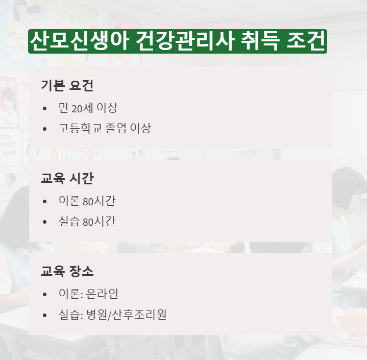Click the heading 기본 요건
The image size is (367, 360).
67,86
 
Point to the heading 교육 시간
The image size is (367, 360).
67,178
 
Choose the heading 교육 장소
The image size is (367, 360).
67,271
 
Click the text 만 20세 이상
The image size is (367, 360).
88,108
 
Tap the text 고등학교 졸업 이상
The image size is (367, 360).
105,128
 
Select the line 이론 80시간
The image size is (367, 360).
87,201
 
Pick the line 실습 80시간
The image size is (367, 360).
87,222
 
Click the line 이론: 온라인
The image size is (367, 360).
89,294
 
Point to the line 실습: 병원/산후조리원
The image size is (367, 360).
112,315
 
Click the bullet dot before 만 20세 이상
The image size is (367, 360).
45,109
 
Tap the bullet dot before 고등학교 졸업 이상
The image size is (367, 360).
45,129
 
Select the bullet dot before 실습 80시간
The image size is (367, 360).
45,222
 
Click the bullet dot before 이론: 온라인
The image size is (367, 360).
45,295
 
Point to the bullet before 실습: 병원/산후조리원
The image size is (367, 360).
45,315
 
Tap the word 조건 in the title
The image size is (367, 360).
305,41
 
